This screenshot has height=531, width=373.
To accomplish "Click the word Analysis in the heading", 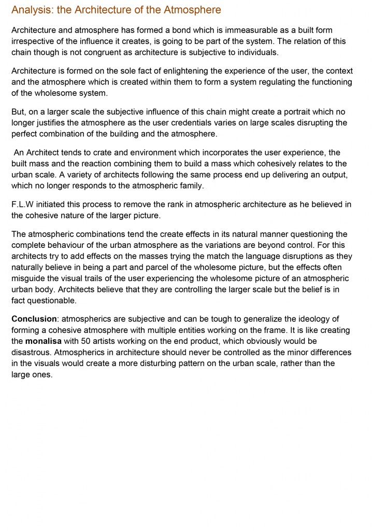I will coord(29,10).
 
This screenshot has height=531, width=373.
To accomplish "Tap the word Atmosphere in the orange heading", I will coord(192,10).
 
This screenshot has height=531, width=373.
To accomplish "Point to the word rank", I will coord(155,204).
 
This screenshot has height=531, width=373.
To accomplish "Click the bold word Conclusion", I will coord(34,319).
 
